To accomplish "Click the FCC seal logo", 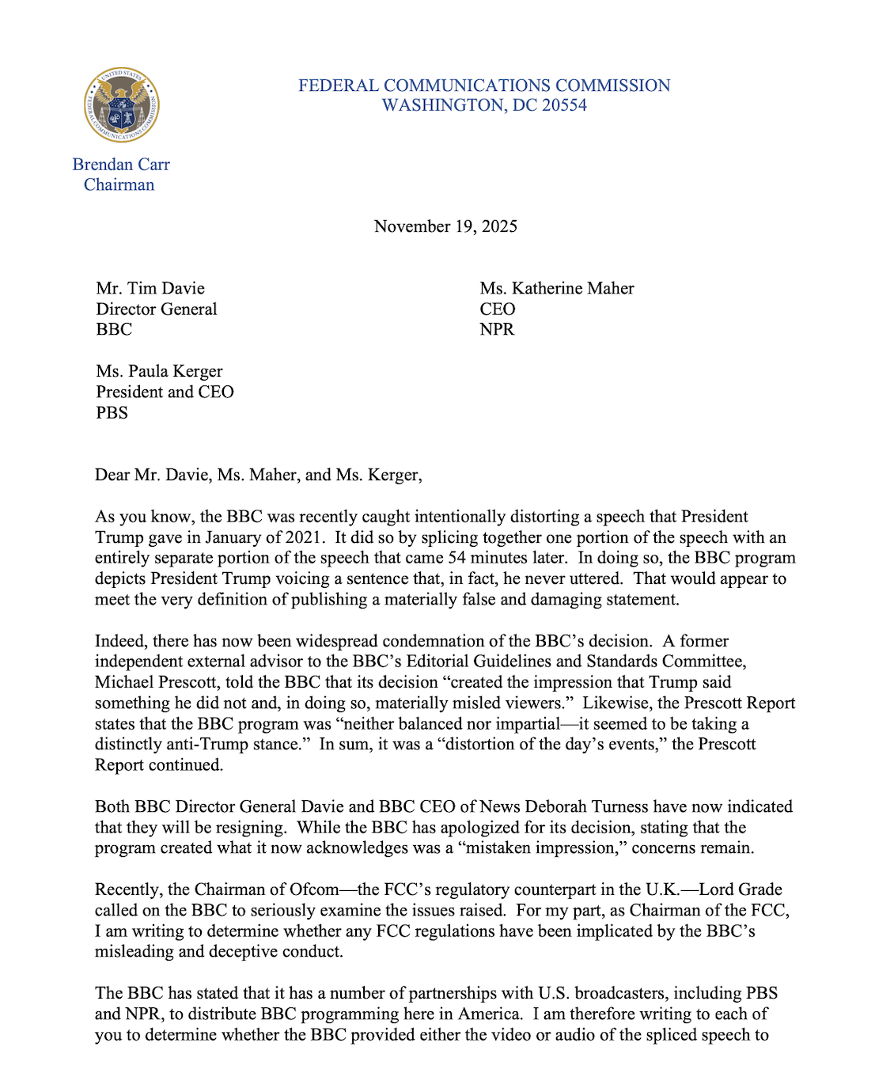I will click(122, 104).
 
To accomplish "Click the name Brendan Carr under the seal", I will click(121, 165).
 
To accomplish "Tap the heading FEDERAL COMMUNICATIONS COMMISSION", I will click(484, 85).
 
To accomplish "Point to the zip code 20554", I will click(564, 106).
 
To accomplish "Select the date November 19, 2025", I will click(445, 226).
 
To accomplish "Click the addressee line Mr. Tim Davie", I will click(150, 288).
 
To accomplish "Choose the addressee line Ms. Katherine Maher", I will click(556, 288).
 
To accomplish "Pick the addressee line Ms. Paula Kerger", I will click(159, 371).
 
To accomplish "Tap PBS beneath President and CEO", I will click(112, 412).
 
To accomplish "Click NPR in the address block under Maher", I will click(496, 329).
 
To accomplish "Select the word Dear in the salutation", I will click(112, 475).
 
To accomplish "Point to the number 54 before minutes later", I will click(456, 558).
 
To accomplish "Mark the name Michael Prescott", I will click(153, 682).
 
